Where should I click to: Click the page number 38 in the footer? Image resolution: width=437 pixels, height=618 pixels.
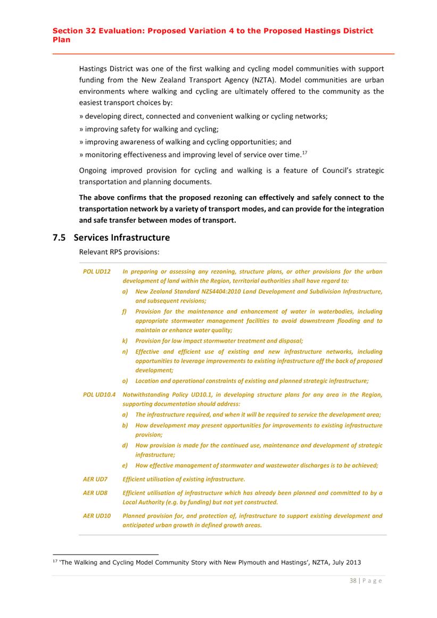(353, 581)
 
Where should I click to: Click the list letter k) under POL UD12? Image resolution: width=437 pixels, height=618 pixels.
(125, 341)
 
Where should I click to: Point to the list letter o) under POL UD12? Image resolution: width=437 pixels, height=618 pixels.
(125, 381)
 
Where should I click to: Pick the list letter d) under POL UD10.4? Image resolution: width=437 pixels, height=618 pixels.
(125, 445)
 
